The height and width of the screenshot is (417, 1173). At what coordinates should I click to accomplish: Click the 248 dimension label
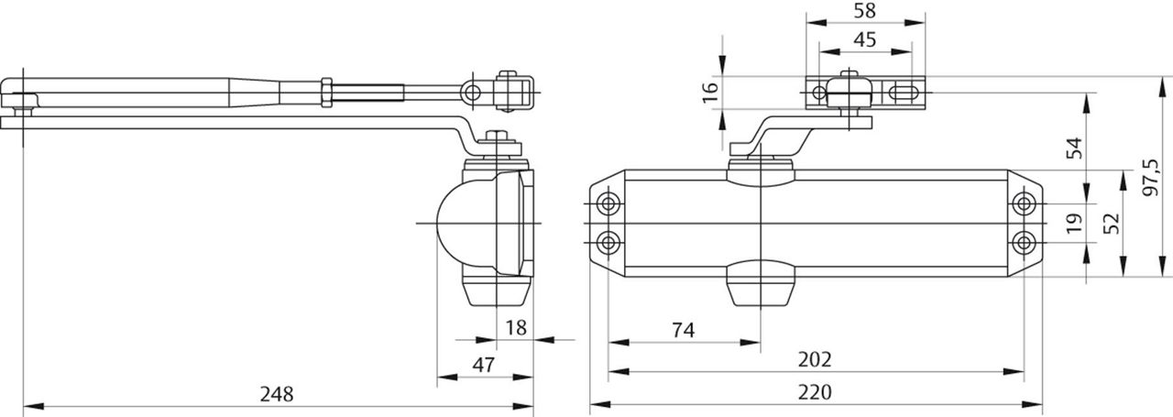point(277,394)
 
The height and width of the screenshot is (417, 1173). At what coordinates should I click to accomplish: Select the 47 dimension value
point(483,365)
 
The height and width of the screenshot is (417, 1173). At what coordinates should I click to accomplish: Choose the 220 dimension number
point(815,392)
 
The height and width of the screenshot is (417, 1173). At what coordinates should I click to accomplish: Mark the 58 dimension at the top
point(864,12)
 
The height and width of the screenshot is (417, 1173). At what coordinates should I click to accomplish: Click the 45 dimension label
point(864,40)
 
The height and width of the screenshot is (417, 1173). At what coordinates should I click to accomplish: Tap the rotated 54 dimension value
point(1074,147)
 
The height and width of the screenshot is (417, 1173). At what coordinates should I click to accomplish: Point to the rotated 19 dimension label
point(1074,221)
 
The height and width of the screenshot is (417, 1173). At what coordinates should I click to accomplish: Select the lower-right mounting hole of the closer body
point(1025,242)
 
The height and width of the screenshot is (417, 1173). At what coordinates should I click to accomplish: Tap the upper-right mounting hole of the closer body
point(1025,203)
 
